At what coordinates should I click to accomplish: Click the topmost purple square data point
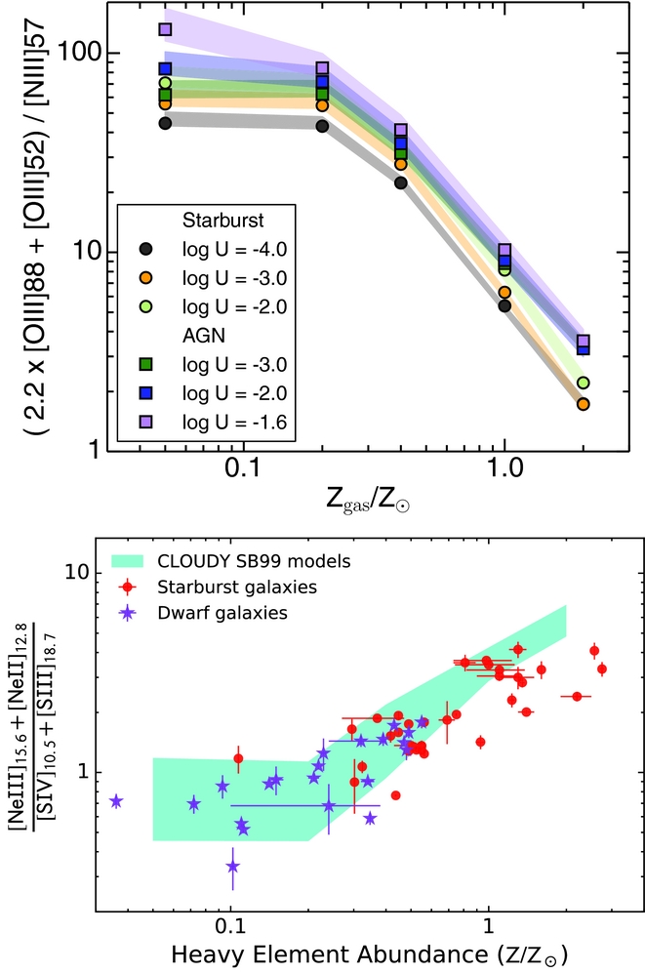(165, 29)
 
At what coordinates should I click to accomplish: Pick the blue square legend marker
(145, 395)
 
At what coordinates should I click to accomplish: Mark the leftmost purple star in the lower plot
(116, 801)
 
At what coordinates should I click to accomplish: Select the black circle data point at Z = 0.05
(165, 123)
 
